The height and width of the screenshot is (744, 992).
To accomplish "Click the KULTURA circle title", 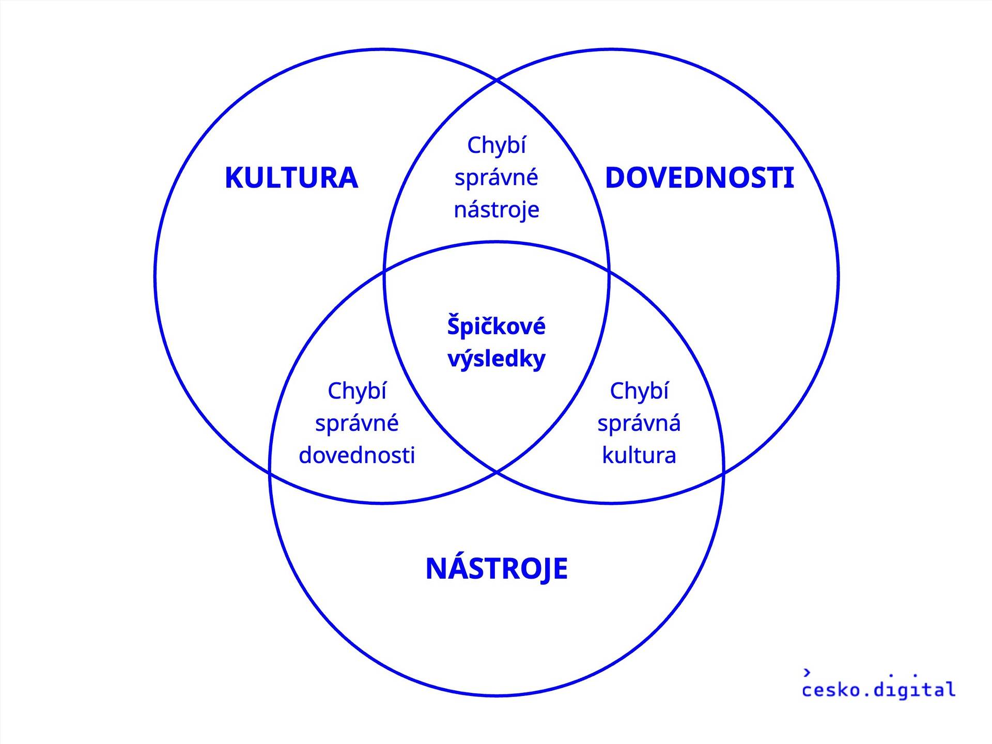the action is pyautogui.click(x=291, y=178).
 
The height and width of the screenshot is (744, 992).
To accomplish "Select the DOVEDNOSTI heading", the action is pyautogui.click(x=699, y=178).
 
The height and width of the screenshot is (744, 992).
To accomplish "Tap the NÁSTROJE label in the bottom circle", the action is pyautogui.click(x=497, y=568).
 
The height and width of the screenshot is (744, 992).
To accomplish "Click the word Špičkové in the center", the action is pyautogui.click(x=497, y=326).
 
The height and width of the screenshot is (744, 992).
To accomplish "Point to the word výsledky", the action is pyautogui.click(x=497, y=359).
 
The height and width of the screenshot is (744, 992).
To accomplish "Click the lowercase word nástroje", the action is pyautogui.click(x=497, y=210).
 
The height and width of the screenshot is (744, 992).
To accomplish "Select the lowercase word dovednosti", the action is pyautogui.click(x=357, y=455).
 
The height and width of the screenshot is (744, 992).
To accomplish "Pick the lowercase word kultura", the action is pyautogui.click(x=639, y=455).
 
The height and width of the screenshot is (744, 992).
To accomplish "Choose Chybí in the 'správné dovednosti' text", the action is pyautogui.click(x=357, y=391).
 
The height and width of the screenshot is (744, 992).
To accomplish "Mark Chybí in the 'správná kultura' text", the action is pyautogui.click(x=639, y=391).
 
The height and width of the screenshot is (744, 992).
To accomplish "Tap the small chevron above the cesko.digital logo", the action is pyautogui.click(x=807, y=672).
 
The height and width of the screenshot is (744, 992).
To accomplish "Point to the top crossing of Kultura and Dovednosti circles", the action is pyautogui.click(x=497, y=80).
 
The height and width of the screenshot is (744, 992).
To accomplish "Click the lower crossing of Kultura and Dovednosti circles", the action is pyautogui.click(x=497, y=472).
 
